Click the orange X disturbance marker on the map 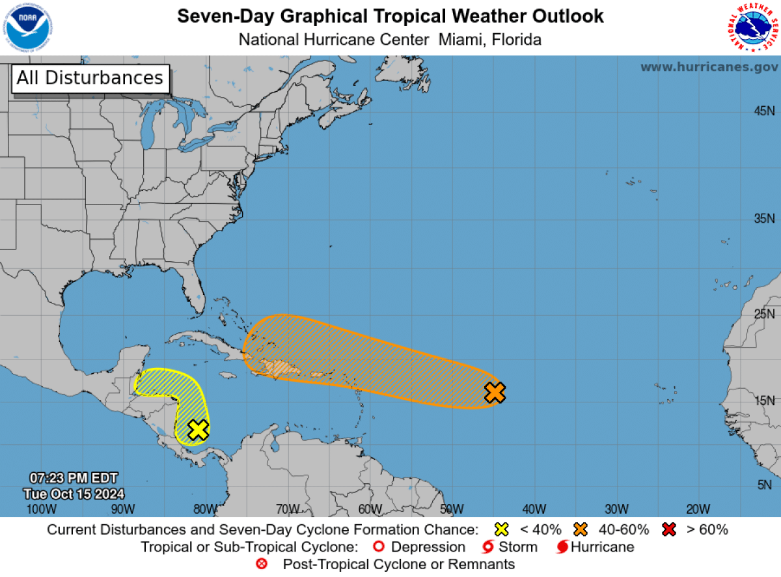point(495,393)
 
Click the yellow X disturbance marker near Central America point(198,430)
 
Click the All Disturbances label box point(90,78)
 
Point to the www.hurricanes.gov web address point(709,67)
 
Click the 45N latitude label point(764,111)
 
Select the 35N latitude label point(764,219)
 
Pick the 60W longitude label point(369,509)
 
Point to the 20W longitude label point(698,509)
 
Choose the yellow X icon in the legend point(500,529)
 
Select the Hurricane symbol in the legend point(562,547)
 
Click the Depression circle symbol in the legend point(379,547)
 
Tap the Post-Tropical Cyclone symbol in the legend point(262,564)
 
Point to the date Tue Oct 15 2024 point(74,494)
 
